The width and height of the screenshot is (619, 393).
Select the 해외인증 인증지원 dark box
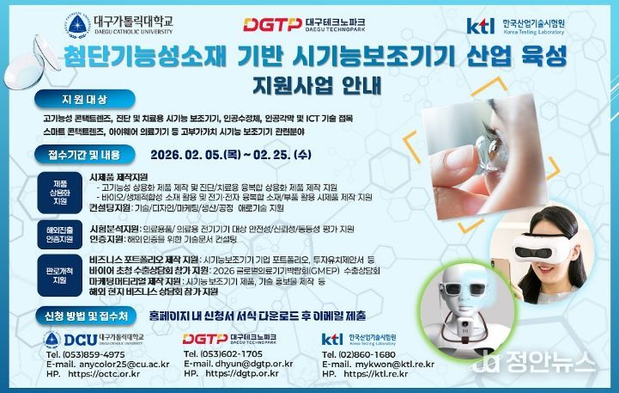pyautogui.click(x=60, y=234)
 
